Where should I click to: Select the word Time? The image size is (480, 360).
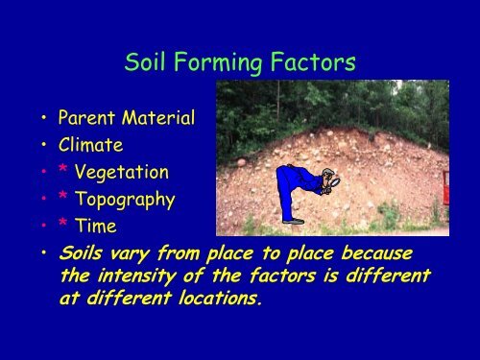pyautogui.click(x=98, y=227)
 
